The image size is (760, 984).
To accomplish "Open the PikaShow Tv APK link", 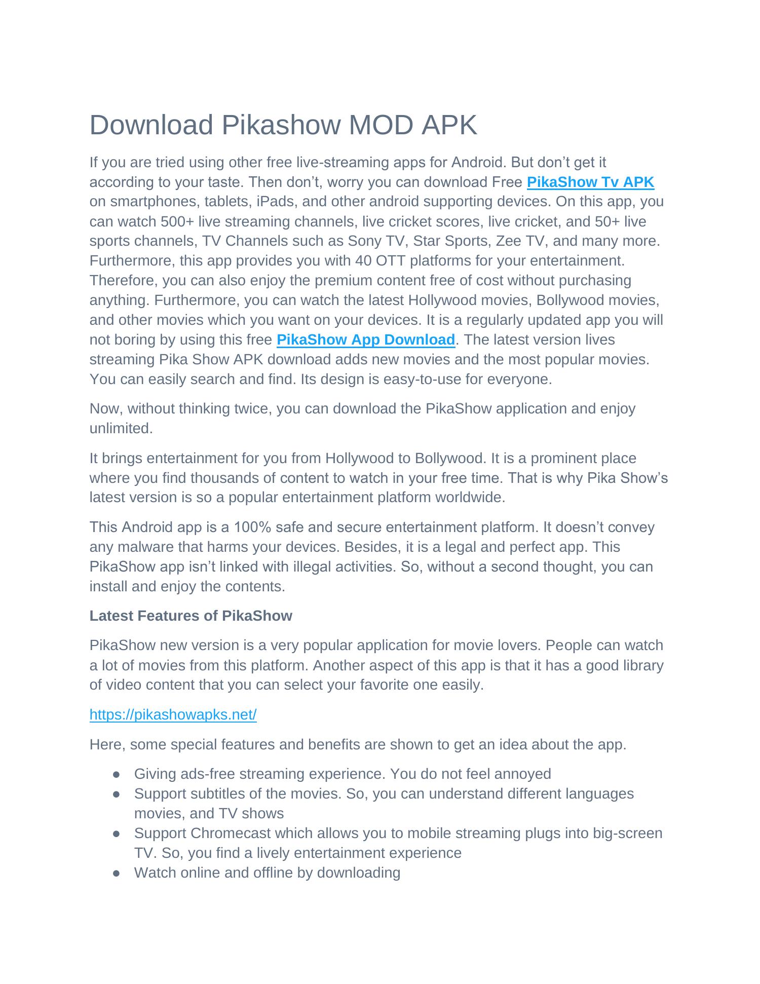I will point(590,182).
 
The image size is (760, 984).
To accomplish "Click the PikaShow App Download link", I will point(365,339).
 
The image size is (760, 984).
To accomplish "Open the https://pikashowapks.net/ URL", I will point(173,714).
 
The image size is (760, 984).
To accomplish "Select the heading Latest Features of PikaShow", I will point(191,616).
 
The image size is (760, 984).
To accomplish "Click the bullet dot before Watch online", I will point(117,873).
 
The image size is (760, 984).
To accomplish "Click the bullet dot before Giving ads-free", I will point(117,774).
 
